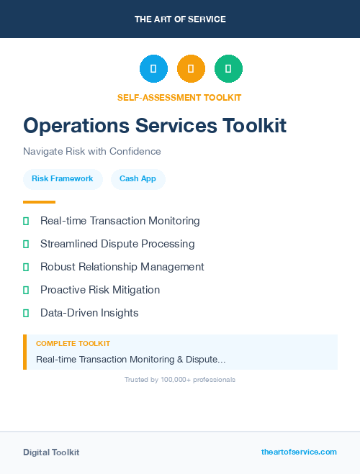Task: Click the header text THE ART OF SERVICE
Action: pyautogui.click(x=180, y=19)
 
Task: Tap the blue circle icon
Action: pyautogui.click(x=153, y=69)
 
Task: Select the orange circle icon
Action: pyautogui.click(x=191, y=69)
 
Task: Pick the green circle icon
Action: pyautogui.click(x=228, y=69)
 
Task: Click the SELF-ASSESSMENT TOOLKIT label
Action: pyautogui.click(x=179, y=97)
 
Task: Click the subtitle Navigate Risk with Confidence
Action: pyautogui.click(x=92, y=152)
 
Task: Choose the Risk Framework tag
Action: pyautogui.click(x=63, y=179)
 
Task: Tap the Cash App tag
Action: pyautogui.click(x=138, y=179)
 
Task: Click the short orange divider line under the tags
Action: pyautogui.click(x=39, y=202)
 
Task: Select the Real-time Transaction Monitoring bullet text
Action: pyautogui.click(x=120, y=221)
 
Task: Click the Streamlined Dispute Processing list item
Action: pyautogui.click(x=117, y=244)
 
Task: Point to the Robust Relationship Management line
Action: pyautogui.click(x=122, y=267)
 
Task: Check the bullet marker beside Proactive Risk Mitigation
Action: pyautogui.click(x=26, y=290)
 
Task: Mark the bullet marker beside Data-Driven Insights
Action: pyautogui.click(x=26, y=313)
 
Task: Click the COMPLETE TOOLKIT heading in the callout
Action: pyautogui.click(x=73, y=344)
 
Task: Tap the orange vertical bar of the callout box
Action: pyautogui.click(x=24, y=352)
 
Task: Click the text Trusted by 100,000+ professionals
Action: pyautogui.click(x=180, y=379)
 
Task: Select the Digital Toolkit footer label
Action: pyautogui.click(x=51, y=452)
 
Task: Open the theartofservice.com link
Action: pyautogui.click(x=299, y=452)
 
